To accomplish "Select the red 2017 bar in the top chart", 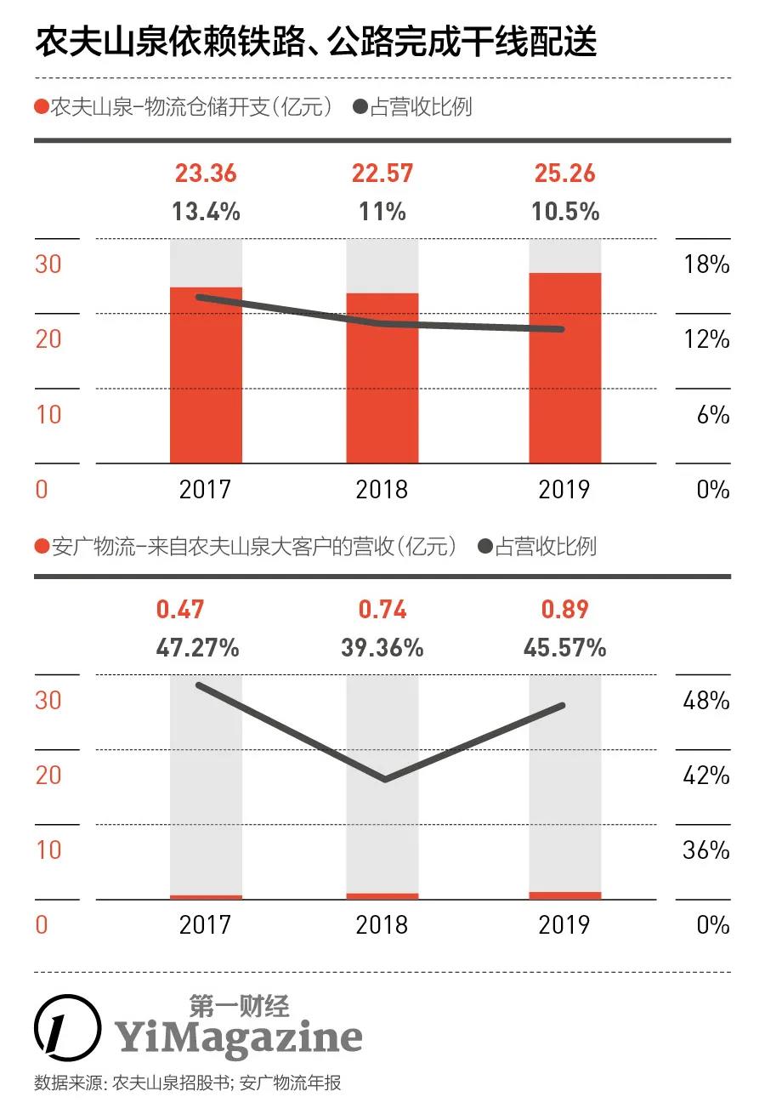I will point(206,375).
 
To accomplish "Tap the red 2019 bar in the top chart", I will point(565,367).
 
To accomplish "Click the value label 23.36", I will point(206,173).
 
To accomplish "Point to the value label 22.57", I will point(382,173).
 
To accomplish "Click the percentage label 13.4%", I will point(206,211).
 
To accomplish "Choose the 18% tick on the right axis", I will point(706,264).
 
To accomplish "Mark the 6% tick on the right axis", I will point(712,414).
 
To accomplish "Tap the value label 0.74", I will point(382,610).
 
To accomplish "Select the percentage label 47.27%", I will point(197,648).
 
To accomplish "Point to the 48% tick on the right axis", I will point(706,701).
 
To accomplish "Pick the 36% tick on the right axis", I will point(706,850).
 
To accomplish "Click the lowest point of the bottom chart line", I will point(385,779).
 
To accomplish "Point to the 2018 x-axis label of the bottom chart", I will point(382,924).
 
